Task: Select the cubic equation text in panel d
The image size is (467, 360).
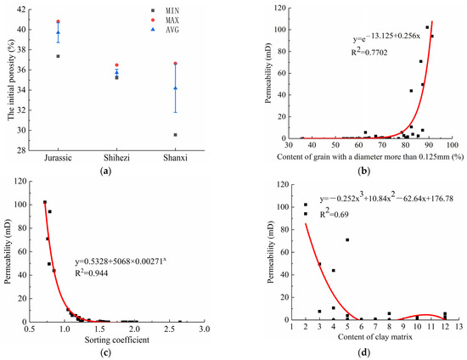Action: click(x=381, y=200)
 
